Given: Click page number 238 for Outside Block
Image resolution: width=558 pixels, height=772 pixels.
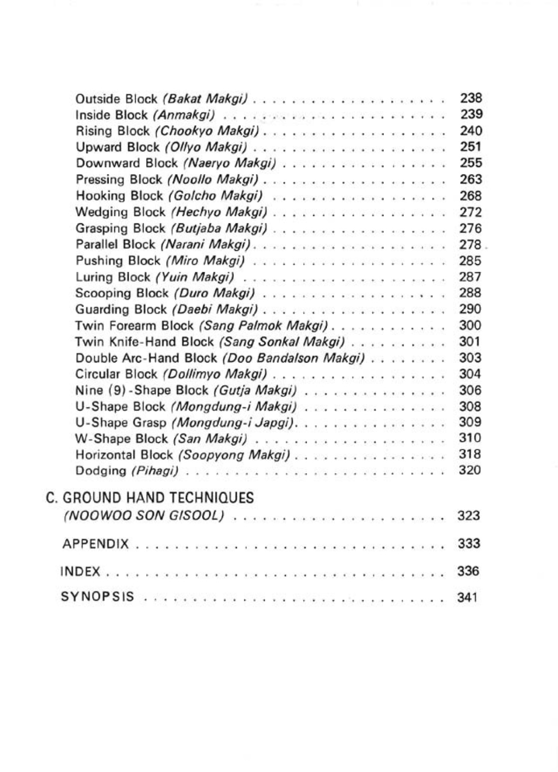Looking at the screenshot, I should coord(471,98).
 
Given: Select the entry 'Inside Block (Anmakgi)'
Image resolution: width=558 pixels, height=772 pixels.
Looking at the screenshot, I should coord(145,115).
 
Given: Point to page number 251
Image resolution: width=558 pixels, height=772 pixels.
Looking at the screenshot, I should coord(471,147).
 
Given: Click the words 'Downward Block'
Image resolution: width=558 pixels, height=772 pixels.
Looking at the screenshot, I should coord(126,163).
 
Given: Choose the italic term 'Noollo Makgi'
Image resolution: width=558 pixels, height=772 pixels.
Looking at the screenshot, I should coord(213,180).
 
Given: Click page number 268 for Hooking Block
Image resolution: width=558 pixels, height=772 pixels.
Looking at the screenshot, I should coord(471,195).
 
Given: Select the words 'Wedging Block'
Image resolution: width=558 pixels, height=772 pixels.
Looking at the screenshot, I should coord(120,212).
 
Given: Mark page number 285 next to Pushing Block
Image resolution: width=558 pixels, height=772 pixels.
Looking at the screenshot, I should coord(470,260).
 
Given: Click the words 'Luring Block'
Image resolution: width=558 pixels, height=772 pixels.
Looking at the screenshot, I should coord(113,277).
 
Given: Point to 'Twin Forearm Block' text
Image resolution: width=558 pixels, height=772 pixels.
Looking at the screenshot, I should coord(134,326).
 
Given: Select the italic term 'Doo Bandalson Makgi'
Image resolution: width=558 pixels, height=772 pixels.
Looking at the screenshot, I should coord(293,358).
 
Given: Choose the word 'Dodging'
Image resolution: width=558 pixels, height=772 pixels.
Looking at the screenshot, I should coord(101,471).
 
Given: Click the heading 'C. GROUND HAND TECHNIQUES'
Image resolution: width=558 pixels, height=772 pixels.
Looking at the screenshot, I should coord(150,498).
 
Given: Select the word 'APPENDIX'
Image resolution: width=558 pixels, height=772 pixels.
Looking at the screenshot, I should coord(95,544).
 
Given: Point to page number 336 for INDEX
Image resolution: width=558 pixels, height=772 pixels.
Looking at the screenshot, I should coord(468,571).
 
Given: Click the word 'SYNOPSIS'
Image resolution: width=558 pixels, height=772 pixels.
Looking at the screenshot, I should coord(97,596).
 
